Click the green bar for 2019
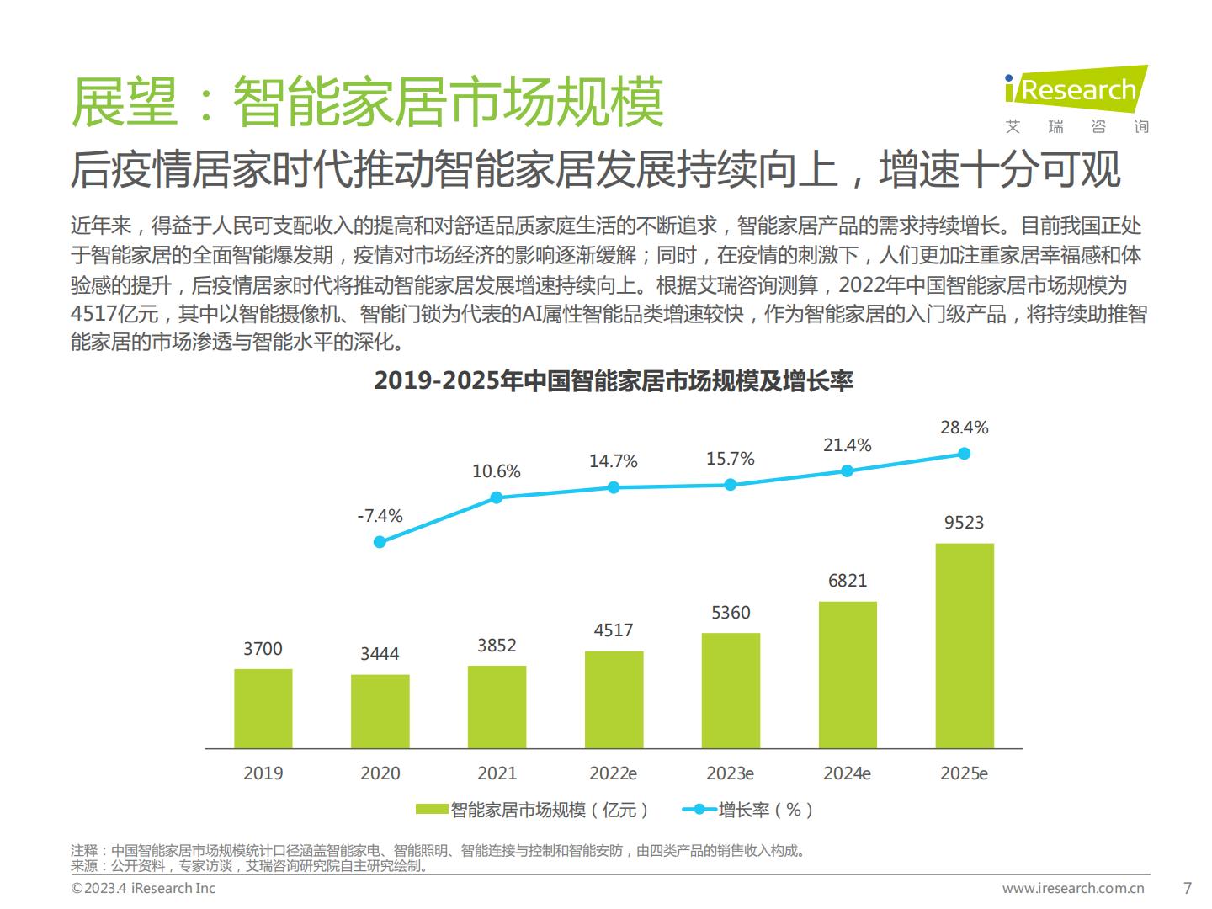(263, 708)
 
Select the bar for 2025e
(965, 646)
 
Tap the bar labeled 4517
(614, 699)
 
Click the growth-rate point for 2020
(380, 542)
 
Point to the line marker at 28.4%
(965, 454)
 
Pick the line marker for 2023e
(731, 485)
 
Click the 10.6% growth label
(497, 471)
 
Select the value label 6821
(848, 581)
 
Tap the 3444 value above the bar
(380, 654)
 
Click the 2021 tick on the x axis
(497, 773)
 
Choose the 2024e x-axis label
(848, 773)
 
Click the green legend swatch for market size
(432, 810)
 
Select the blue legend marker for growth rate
(699, 810)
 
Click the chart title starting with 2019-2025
(614, 381)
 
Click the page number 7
(1188, 888)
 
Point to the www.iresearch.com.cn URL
(1073, 888)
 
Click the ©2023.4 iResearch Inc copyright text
(143, 888)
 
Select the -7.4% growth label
(380, 516)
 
